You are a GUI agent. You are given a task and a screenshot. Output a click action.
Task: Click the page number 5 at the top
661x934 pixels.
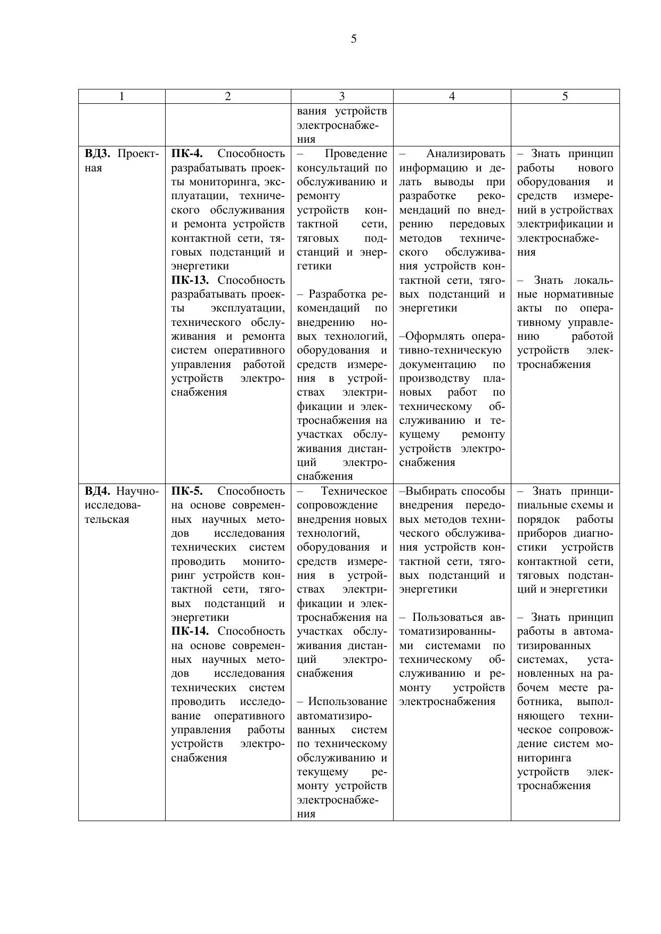pyautogui.click(x=354, y=39)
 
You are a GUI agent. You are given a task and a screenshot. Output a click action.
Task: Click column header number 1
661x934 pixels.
pyautogui.click(x=122, y=96)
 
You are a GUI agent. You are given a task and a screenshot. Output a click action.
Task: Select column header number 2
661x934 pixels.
pyautogui.click(x=228, y=96)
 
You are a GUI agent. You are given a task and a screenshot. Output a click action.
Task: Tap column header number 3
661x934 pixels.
pyautogui.click(x=342, y=96)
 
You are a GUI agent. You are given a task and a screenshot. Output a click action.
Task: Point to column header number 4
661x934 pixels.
pyautogui.click(x=452, y=96)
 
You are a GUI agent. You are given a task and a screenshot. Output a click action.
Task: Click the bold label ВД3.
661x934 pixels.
pyautogui.click(x=97, y=154)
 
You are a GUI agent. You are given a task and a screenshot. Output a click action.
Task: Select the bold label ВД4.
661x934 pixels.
pyautogui.click(x=97, y=491)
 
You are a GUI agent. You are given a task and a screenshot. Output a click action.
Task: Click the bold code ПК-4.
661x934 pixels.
pyautogui.click(x=187, y=154)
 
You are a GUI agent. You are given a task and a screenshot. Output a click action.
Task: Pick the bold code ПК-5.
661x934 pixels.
pyautogui.click(x=187, y=491)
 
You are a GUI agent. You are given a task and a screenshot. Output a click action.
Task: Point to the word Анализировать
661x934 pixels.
pyautogui.click(x=466, y=154)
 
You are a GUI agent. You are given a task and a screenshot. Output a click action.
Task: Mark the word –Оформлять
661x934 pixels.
pyautogui.click(x=426, y=337)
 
